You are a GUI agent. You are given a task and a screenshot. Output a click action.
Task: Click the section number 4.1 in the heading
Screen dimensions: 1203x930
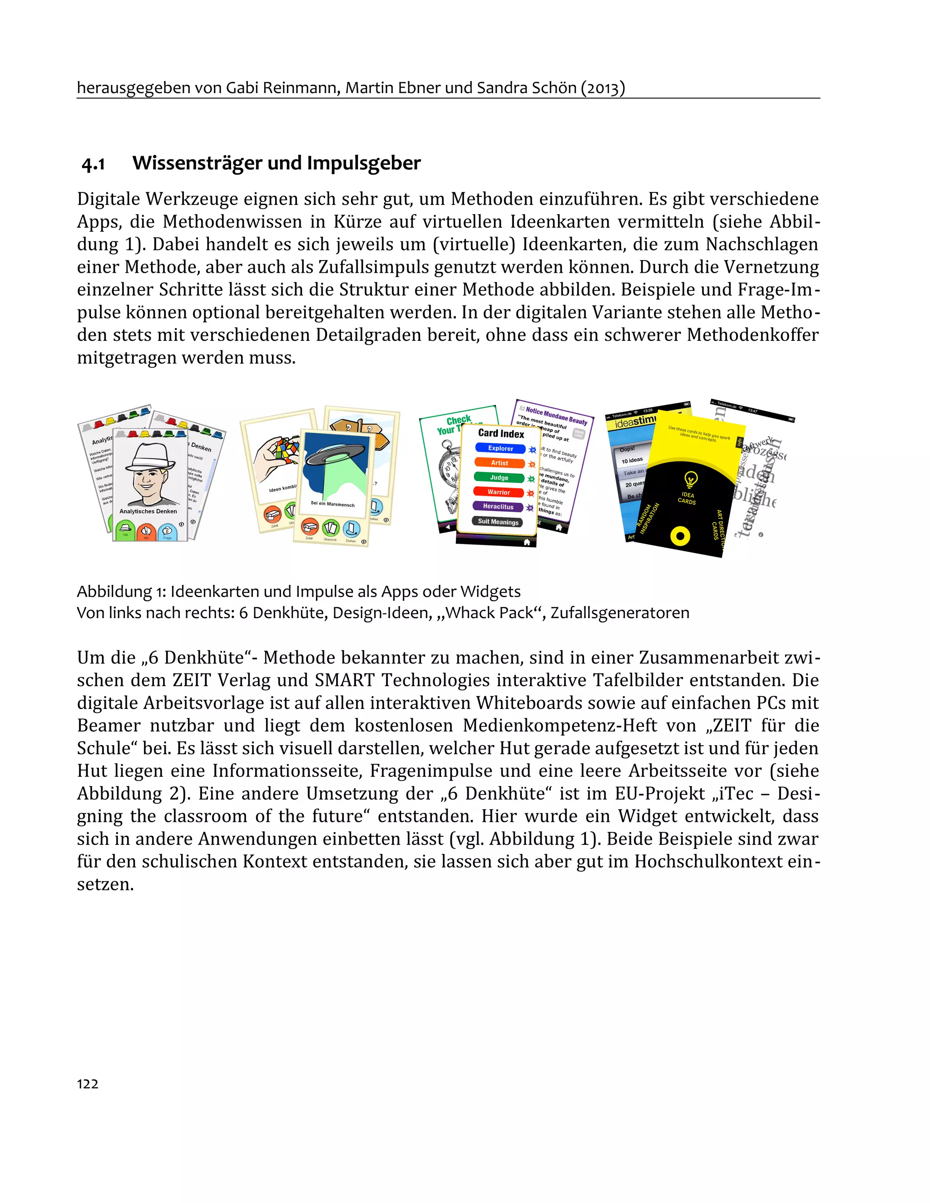93,164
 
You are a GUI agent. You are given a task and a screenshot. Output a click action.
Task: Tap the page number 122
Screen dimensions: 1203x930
87,1084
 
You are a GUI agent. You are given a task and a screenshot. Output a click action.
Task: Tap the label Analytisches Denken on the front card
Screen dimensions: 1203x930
148,511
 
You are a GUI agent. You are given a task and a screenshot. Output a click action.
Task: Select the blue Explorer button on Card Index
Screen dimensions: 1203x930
500,448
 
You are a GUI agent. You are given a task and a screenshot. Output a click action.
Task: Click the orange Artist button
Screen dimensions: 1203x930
500,463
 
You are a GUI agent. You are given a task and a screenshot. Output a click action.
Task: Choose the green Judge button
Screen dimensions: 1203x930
499,477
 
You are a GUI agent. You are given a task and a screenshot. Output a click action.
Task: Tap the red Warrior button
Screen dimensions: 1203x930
498,492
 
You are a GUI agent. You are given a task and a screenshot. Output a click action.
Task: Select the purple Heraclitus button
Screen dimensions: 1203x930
498,506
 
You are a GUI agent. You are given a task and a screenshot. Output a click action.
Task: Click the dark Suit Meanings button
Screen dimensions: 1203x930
497,521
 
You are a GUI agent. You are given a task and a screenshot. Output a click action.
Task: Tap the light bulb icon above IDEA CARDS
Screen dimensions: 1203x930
690,479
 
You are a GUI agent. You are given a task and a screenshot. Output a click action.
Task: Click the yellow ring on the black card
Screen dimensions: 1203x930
681,535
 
